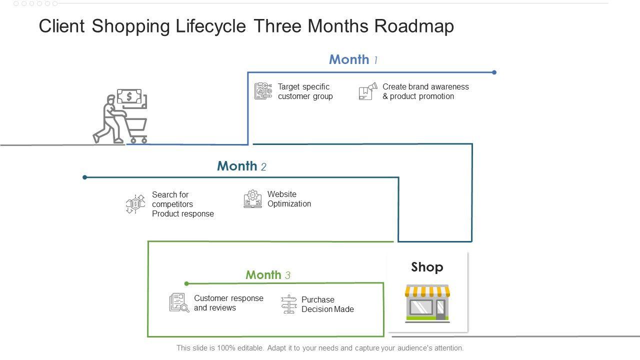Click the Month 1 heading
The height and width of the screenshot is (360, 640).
pos(353,59)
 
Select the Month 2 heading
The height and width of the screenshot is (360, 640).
pos(241,166)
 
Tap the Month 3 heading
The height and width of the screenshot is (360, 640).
pos(267,275)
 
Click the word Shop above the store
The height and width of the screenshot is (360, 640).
pos(427,267)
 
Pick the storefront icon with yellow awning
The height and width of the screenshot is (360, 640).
pos(427,303)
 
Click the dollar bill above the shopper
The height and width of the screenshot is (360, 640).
pos(129,96)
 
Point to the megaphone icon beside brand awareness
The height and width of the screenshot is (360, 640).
pos(368,92)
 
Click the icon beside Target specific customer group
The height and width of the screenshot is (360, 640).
pos(263,91)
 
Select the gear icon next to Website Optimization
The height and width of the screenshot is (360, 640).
pos(253,198)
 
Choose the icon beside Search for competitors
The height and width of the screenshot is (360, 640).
pos(135,204)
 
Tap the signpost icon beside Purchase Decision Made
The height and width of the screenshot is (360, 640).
pos(288,304)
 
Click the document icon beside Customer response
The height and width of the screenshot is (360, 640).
pos(179,302)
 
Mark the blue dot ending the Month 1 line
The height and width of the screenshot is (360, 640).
pos(494,72)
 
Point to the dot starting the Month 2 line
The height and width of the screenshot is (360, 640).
pos(85,177)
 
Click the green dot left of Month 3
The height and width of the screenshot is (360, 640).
pos(186,283)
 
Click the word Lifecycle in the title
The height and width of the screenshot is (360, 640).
pos(210,26)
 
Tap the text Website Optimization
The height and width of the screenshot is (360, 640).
pos(289,199)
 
